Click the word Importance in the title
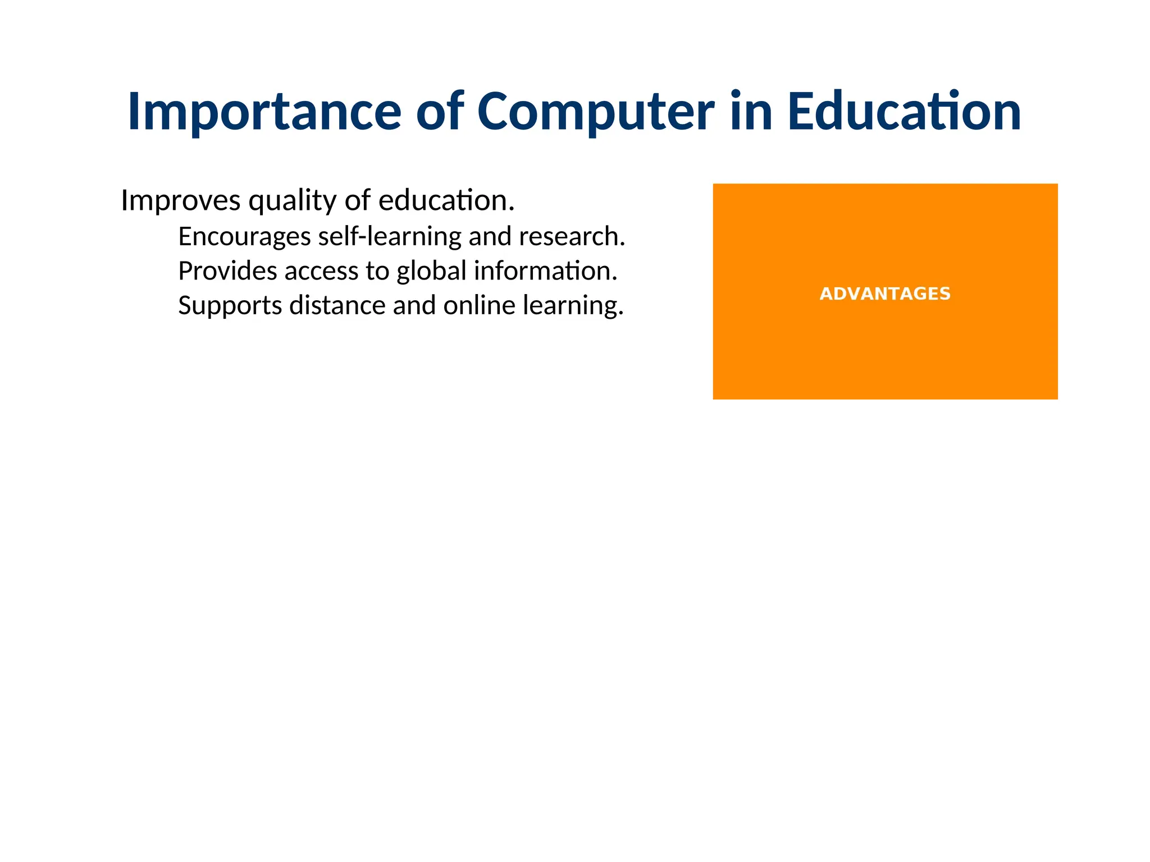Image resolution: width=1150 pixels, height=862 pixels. (x=264, y=112)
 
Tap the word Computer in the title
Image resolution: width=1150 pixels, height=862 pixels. (x=596, y=112)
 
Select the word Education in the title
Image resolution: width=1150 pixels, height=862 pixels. (x=903, y=112)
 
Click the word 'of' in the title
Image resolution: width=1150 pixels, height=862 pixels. (x=440, y=112)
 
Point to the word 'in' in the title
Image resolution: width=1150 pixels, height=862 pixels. (x=751, y=112)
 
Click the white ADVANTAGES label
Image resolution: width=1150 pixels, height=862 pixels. (x=885, y=294)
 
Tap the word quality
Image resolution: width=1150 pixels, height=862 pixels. (x=293, y=201)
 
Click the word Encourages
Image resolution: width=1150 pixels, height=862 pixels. (x=244, y=237)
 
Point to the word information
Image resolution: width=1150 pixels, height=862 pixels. (x=545, y=272)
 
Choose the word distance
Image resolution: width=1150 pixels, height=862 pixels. (x=337, y=306)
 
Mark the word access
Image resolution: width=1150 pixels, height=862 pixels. (x=321, y=272)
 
